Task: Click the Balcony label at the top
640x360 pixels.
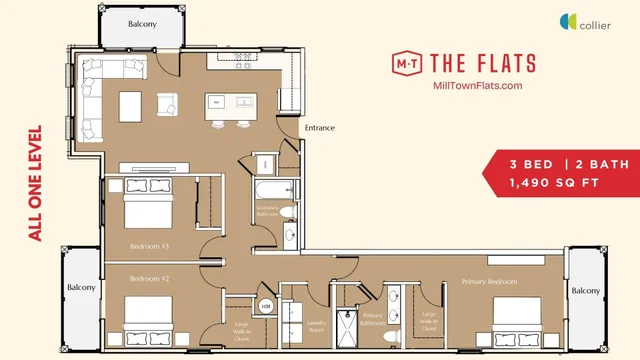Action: click(x=142, y=24)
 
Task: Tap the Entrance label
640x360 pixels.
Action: click(x=319, y=128)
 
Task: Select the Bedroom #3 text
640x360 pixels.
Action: click(x=150, y=245)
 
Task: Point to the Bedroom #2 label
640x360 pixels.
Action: click(x=150, y=280)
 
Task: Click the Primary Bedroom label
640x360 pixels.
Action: click(x=489, y=282)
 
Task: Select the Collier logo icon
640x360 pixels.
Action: click(x=568, y=21)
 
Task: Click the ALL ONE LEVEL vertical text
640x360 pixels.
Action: click(x=36, y=182)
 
